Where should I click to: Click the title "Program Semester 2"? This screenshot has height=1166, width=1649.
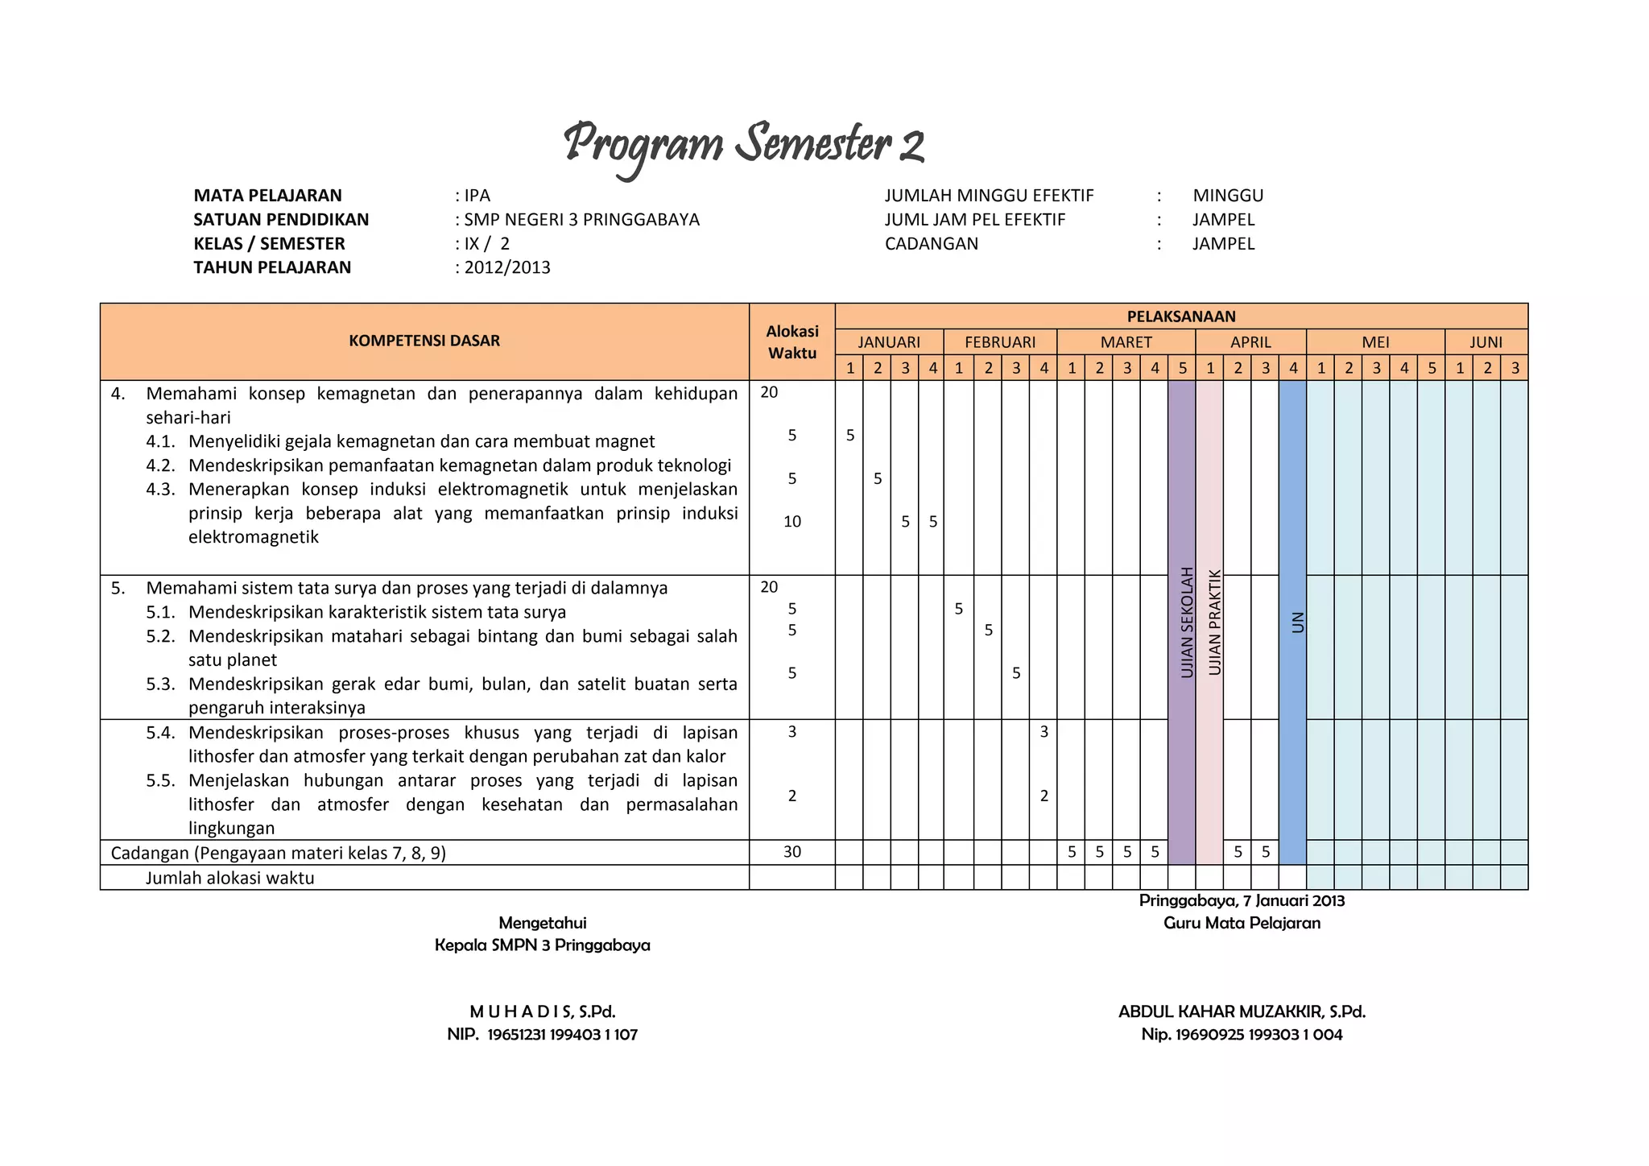click(x=743, y=145)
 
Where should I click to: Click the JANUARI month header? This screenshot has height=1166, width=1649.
click(x=889, y=342)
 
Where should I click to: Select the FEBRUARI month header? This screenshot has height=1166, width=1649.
click(x=1000, y=342)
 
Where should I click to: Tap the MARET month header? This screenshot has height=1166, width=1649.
click(x=1126, y=342)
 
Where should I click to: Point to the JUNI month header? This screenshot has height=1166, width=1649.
click(x=1486, y=342)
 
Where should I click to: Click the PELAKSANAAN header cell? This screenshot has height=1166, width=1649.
click(x=1180, y=316)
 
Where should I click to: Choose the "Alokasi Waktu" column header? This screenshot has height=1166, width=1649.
click(x=792, y=341)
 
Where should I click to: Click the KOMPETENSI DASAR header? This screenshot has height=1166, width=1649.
click(x=424, y=341)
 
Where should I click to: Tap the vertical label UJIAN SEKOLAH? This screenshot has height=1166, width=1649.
click(x=1187, y=622)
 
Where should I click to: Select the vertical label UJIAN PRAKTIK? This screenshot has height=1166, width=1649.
click(x=1215, y=622)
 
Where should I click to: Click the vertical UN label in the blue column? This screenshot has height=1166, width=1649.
click(x=1297, y=622)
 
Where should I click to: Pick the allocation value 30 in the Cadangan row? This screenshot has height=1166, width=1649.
click(x=792, y=852)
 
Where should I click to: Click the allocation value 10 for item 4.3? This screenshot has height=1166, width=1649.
click(x=792, y=522)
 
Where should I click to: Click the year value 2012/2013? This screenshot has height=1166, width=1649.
click(x=506, y=267)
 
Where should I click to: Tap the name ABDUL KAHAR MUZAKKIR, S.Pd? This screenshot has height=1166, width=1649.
click(x=1242, y=1012)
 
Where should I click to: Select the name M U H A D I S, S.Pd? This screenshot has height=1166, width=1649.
click(x=543, y=1012)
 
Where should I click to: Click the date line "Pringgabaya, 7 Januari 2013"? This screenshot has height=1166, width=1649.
click(x=1242, y=901)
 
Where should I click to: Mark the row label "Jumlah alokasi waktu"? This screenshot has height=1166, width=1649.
click(x=229, y=878)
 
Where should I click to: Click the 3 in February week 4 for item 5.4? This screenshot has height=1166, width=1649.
click(x=1044, y=732)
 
